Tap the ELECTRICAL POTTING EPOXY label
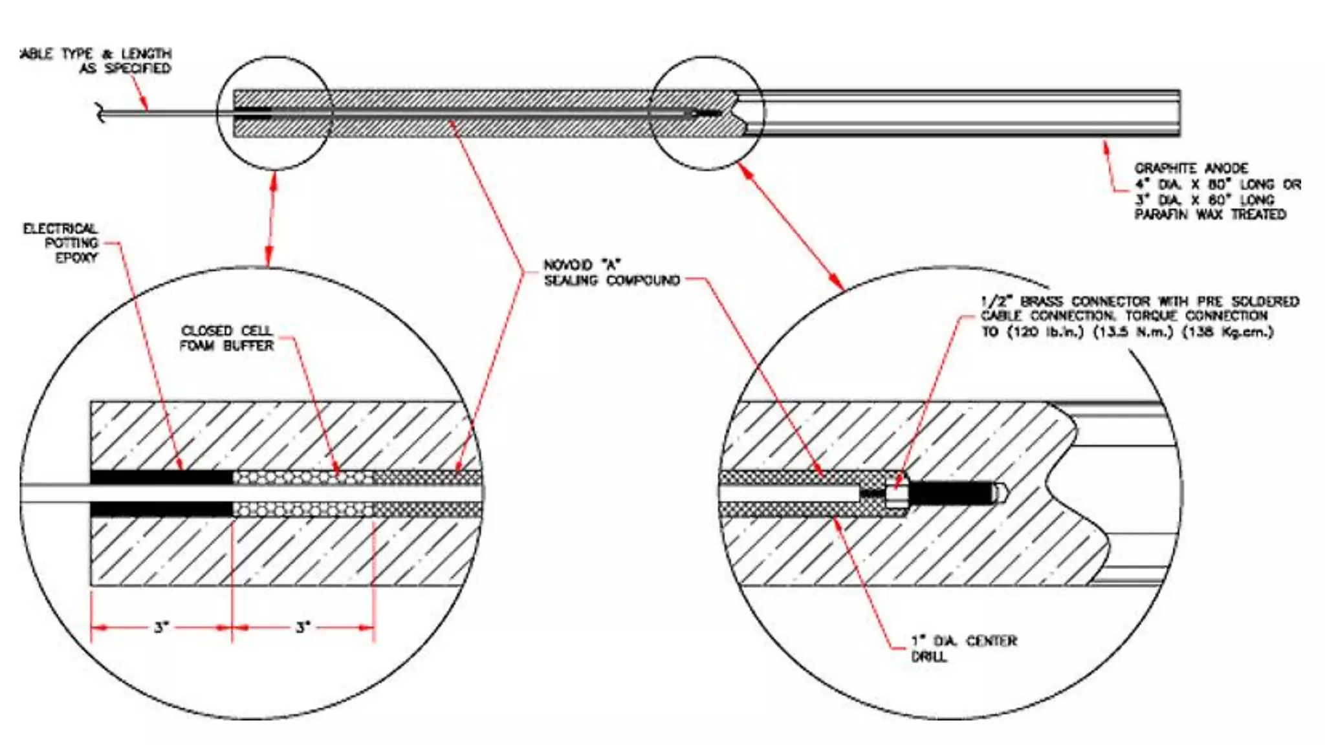coord(61,243)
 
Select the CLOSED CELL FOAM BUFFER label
coord(226,338)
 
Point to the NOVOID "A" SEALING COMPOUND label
coord(611,273)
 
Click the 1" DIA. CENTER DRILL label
coord(963,649)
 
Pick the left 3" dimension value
coord(161,627)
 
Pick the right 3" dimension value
coord(303,627)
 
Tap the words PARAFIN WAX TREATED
coord(1210,215)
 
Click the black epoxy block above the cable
coord(162,478)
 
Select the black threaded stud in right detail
coord(951,493)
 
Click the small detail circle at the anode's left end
coord(274,113)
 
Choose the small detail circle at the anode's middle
coord(707,113)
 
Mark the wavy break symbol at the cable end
coord(100,113)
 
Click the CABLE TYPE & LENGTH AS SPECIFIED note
coord(97,61)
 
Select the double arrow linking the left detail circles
coord(272,218)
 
